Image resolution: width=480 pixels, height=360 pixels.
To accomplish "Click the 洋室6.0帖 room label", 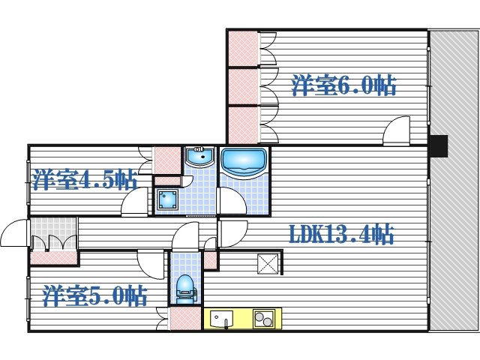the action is point(343,85).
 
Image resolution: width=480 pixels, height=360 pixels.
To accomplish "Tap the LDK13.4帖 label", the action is point(341,234).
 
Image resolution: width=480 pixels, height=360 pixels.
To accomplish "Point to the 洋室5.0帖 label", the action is point(94,295).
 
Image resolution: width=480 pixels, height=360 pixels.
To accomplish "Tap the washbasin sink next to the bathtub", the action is point(200,157).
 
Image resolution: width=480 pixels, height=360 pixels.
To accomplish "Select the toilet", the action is point(186,289).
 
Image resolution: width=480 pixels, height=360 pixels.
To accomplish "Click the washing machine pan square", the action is point(167,199).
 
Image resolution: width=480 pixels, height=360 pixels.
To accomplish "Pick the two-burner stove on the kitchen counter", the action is point(263,318).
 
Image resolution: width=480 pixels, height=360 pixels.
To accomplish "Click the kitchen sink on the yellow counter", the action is point(221,319).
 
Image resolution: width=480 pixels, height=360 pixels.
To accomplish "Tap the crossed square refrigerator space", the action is point(268,264).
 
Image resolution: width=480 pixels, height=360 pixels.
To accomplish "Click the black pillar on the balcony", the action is point(438,146).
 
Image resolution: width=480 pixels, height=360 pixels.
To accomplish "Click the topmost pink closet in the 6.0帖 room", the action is point(243,48).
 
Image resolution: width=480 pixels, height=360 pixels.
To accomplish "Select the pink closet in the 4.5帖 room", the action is point(167,160).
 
